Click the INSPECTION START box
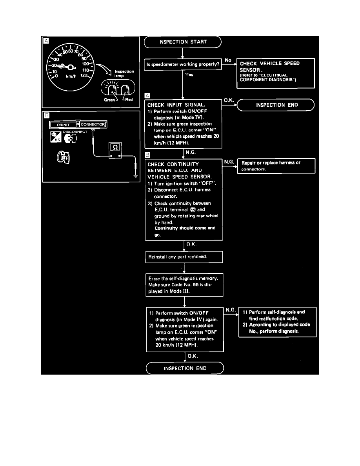coord(183,42)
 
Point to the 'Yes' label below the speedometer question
coord(189,75)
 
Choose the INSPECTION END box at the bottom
coord(184,368)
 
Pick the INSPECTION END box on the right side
coord(276,105)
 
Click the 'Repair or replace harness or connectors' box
coord(276,166)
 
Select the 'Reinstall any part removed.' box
coord(184,257)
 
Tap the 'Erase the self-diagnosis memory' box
coord(184,284)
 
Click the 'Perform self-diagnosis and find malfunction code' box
coord(277,322)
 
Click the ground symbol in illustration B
coord(135,175)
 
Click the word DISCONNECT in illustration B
coord(75,132)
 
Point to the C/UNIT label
coord(63,125)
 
